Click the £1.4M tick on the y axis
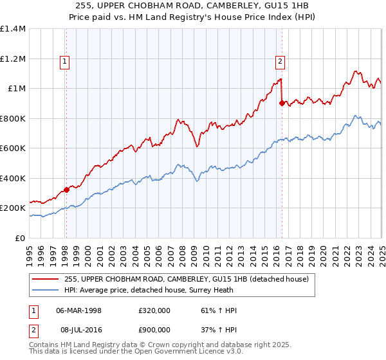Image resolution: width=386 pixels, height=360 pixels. [13, 29]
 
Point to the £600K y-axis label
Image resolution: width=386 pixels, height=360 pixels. [13, 148]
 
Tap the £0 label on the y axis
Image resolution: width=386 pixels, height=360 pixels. [21, 239]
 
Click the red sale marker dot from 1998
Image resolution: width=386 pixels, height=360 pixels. [66, 190]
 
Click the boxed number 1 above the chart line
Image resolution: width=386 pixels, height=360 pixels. [66, 62]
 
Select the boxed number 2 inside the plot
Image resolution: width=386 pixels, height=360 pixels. [281, 62]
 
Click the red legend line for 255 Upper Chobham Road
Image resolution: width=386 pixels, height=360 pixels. [46, 279]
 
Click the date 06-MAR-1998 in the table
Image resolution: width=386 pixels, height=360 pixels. [79, 310]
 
